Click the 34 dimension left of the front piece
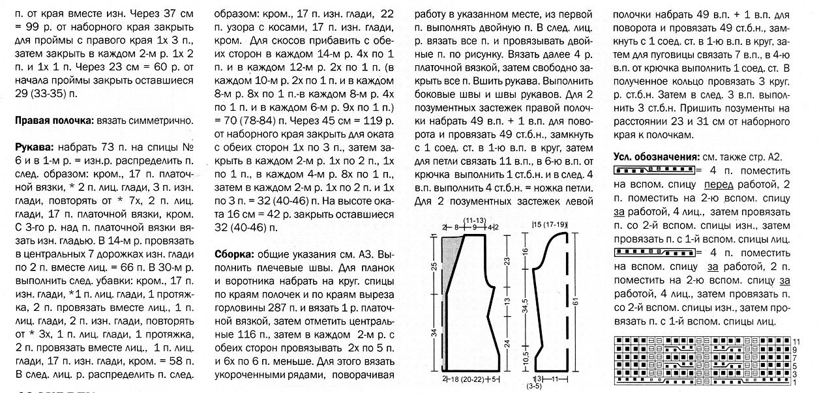point(434,333)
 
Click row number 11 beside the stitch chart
point(796,341)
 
